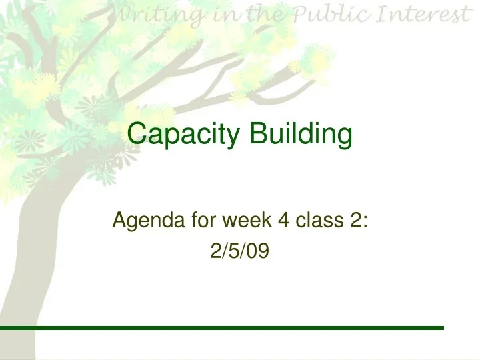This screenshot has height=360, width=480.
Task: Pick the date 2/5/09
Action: click(x=239, y=250)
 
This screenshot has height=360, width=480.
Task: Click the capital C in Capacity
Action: click(x=137, y=135)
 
